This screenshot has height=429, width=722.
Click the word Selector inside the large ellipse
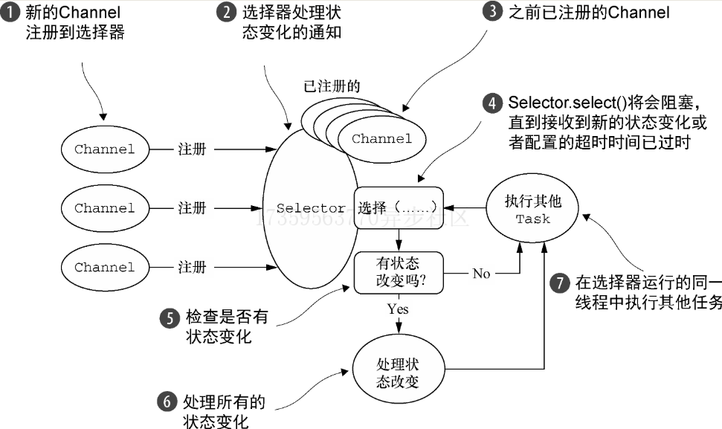310,209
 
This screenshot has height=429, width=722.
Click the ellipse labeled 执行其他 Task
533,210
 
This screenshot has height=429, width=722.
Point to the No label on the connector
481,274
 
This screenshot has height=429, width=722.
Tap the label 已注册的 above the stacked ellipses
332,86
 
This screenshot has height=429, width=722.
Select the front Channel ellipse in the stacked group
382,139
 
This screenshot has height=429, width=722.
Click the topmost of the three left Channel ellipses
105,149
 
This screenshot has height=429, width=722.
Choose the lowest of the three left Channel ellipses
105,268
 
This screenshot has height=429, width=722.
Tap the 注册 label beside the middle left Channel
192,208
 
